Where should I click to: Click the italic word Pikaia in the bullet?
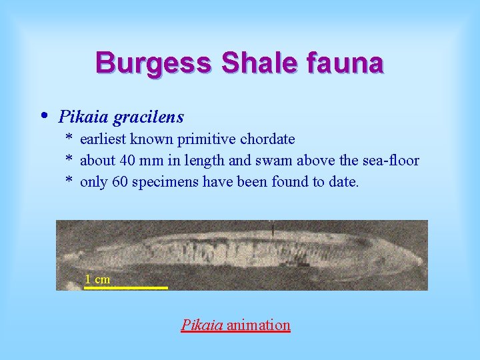(83, 117)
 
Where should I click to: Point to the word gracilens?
(148, 117)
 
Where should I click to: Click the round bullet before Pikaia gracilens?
(44, 115)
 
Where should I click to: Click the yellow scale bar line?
(126, 287)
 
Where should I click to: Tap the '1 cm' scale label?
(97, 279)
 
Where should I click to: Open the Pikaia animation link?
(235, 325)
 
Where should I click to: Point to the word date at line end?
(343, 182)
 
